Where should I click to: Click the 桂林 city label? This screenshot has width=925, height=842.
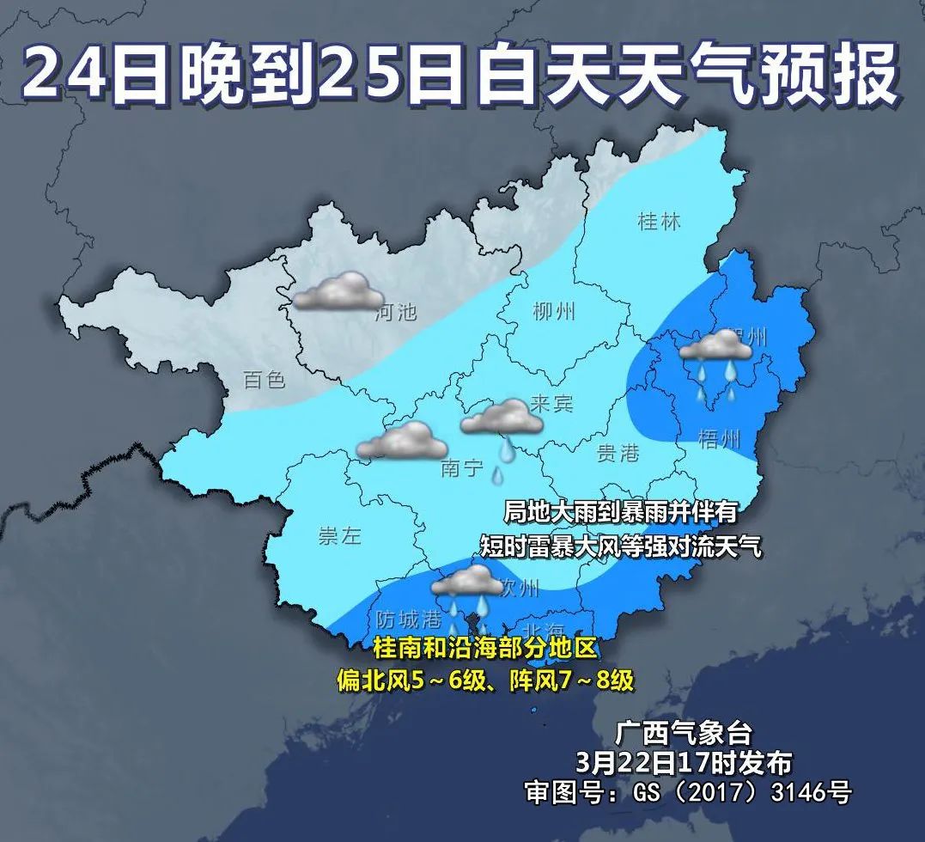(659, 222)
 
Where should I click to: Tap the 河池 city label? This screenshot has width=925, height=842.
(396, 312)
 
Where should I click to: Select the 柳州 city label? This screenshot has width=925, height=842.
(554, 312)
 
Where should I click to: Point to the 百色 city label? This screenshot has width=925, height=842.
(265, 379)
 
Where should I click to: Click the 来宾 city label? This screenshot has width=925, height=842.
(551, 403)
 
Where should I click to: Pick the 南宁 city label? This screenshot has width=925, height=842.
(462, 468)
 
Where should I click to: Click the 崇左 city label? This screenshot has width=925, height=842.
(339, 537)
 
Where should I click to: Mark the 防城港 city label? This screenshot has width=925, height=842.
(409, 619)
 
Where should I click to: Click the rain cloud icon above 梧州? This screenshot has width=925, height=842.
(716, 361)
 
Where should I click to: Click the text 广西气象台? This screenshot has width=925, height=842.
(685, 733)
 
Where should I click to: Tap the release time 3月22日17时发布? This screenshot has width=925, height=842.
(685, 761)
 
